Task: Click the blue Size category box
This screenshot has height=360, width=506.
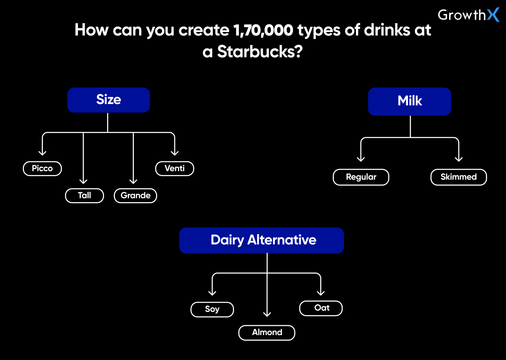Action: (x=109, y=100)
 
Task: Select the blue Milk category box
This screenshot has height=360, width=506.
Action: (x=410, y=102)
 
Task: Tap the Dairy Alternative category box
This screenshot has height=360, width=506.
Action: (x=261, y=240)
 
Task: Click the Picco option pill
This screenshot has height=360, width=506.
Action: (x=42, y=169)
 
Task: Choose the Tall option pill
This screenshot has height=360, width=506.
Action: (x=84, y=196)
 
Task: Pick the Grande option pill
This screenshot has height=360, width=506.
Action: (x=136, y=196)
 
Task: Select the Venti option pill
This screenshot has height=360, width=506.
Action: (x=175, y=169)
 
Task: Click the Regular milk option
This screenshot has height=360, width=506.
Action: (x=361, y=177)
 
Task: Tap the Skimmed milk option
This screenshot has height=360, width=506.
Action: (x=459, y=177)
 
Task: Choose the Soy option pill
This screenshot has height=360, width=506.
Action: (x=212, y=310)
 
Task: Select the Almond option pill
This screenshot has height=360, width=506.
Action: (x=267, y=333)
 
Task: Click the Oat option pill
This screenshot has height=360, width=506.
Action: (x=321, y=308)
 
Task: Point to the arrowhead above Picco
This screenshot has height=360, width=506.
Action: (x=42, y=153)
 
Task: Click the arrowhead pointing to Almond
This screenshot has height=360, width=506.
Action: (x=267, y=314)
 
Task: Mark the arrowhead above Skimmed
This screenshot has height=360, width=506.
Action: (x=459, y=159)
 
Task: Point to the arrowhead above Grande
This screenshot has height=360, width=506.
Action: (x=133, y=181)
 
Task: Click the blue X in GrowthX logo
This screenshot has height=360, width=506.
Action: (x=493, y=15)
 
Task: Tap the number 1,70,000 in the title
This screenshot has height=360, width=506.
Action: (x=264, y=30)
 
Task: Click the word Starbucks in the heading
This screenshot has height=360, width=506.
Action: (x=260, y=52)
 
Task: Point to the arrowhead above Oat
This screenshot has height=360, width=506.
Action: (x=321, y=293)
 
